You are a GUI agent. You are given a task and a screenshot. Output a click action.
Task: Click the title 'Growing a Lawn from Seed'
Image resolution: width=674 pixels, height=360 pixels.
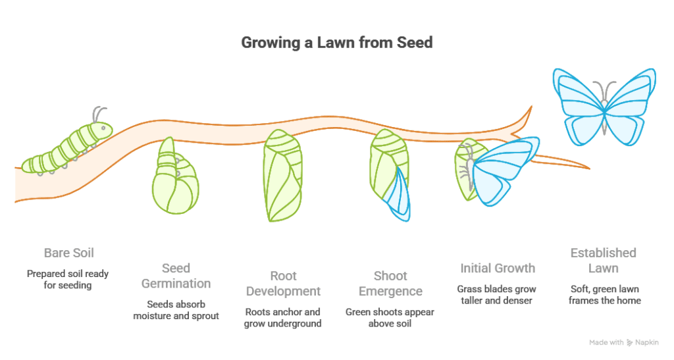click(337, 44)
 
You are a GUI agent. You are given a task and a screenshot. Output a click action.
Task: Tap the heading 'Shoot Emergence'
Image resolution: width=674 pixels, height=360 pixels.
click(390, 283)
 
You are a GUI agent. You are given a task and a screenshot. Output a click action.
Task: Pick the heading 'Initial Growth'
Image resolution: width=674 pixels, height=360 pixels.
click(497, 268)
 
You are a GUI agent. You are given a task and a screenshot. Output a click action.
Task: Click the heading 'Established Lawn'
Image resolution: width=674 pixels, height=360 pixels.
click(604, 261)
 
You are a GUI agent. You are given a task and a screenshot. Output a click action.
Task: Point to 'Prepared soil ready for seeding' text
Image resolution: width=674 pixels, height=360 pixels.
click(66, 279)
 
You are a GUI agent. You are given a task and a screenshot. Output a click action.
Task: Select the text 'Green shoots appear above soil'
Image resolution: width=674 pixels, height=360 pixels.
click(390, 317)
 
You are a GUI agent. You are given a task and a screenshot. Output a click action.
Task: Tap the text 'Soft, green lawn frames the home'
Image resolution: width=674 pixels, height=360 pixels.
click(604, 294)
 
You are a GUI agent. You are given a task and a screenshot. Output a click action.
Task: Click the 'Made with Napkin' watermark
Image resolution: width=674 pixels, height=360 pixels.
click(623, 342)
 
